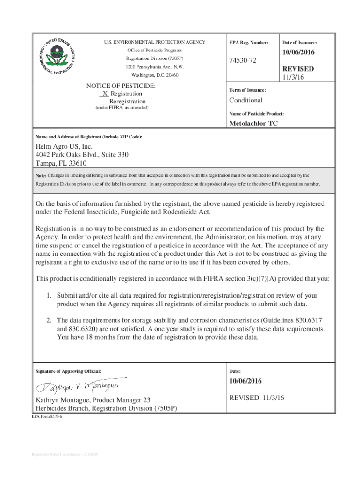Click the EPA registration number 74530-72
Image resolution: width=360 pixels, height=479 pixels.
click(x=243, y=61)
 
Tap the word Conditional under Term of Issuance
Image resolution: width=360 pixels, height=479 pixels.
click(x=246, y=100)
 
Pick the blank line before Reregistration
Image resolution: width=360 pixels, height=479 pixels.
click(x=103, y=102)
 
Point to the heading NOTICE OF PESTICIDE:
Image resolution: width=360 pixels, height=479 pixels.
click(x=121, y=86)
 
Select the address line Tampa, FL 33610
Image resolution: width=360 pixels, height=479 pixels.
click(x=61, y=163)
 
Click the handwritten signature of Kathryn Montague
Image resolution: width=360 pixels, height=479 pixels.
click(x=80, y=386)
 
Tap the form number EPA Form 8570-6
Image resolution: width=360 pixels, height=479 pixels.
click(x=47, y=416)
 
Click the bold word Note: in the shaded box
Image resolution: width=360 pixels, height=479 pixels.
click(x=41, y=175)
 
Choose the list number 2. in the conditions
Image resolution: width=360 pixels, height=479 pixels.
click(x=49, y=320)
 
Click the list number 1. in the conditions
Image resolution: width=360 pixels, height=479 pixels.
click(x=49, y=296)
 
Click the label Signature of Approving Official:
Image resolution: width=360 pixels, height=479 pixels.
click(x=68, y=371)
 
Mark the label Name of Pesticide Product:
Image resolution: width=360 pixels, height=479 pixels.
click(x=257, y=114)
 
